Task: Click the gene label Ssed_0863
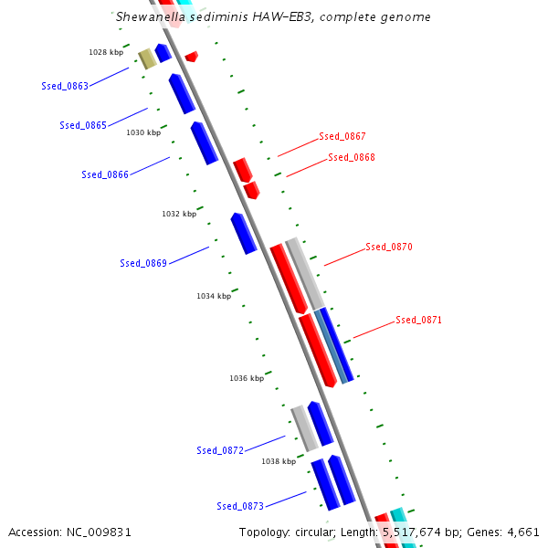(x=65, y=86)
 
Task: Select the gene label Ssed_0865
(x=83, y=125)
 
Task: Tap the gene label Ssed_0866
(x=105, y=174)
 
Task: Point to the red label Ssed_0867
(x=342, y=136)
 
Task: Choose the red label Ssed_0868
(x=352, y=157)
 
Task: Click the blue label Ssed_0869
(x=143, y=263)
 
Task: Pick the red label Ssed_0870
(x=389, y=247)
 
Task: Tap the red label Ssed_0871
(x=418, y=320)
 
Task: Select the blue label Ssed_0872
(x=220, y=450)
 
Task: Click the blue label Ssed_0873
(x=240, y=506)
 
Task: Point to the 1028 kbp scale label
(x=106, y=52)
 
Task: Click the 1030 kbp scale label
(x=143, y=132)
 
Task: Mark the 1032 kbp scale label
(x=179, y=214)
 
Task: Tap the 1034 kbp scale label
(x=214, y=296)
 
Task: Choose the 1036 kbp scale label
(x=247, y=378)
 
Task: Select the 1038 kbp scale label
(x=279, y=461)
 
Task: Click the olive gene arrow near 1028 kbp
(x=147, y=59)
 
